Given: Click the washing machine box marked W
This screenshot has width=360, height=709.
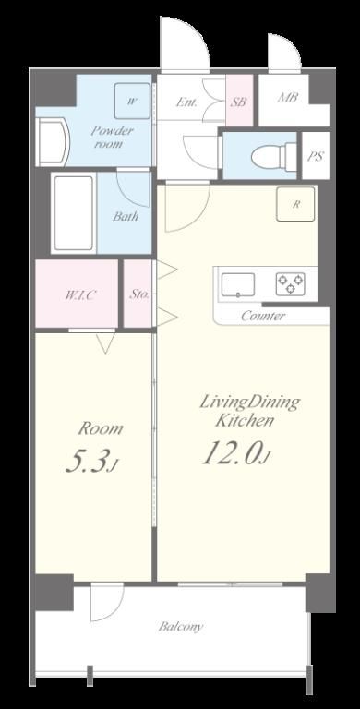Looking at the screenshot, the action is click(132, 102).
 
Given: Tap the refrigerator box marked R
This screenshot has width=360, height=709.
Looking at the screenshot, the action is click(295, 204).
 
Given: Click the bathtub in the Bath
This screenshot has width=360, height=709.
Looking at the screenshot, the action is click(74, 213).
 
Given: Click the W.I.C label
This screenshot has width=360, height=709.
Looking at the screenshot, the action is click(80, 295).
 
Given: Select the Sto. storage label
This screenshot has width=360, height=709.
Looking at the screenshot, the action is click(138, 294).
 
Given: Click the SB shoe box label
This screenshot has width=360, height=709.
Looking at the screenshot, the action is click(238, 102).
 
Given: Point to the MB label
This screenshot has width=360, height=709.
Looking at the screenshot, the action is click(288, 97).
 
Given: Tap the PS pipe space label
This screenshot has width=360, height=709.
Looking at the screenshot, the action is click(316, 156).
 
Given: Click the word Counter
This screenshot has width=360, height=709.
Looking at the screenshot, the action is click(263, 316).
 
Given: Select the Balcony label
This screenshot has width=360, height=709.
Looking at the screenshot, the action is click(180, 627).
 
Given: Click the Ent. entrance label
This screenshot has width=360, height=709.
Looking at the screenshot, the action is click(186, 102).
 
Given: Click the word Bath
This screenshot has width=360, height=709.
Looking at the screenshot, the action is click(126, 216).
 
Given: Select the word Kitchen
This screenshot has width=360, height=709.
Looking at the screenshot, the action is click(245, 421).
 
